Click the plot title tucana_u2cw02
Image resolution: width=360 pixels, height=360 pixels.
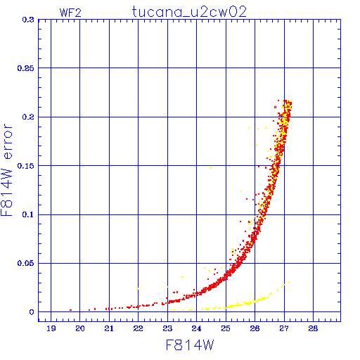pyautogui.click(x=189, y=12)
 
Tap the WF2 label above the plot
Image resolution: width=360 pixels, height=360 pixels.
pyautogui.click(x=70, y=13)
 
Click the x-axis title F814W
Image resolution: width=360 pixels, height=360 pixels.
pyautogui.click(x=190, y=345)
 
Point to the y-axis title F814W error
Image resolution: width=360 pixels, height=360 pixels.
pyautogui.click(x=6, y=169)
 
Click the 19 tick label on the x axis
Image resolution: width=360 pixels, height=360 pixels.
pyautogui.click(x=51, y=328)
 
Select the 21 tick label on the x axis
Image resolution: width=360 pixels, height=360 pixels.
pyautogui.click(x=109, y=328)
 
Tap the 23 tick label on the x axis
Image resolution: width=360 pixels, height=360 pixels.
pyautogui.click(x=167, y=328)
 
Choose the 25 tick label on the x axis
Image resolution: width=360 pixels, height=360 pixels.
pyautogui.click(x=226, y=328)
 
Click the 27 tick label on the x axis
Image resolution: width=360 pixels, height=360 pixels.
pyautogui.click(x=284, y=328)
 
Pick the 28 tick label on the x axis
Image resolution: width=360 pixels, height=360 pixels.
pyautogui.click(x=313, y=328)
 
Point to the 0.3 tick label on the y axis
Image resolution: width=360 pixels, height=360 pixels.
pyautogui.click(x=28, y=20)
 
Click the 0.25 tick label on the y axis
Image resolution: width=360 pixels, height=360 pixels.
pyautogui.click(x=26, y=68)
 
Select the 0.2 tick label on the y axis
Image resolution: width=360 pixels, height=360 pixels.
pyautogui.click(x=28, y=117)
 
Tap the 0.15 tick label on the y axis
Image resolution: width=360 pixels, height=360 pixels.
pyautogui.click(x=26, y=166)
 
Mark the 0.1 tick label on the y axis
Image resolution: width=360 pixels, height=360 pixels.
pyautogui.click(x=28, y=214)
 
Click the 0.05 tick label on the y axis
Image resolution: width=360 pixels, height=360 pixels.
pyautogui.click(x=26, y=263)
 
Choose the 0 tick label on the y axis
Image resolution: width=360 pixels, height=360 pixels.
pyautogui.click(x=32, y=312)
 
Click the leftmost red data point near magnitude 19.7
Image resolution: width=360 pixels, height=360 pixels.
pyautogui.click(x=70, y=310)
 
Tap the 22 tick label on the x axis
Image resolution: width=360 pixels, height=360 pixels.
pyautogui.click(x=138, y=328)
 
